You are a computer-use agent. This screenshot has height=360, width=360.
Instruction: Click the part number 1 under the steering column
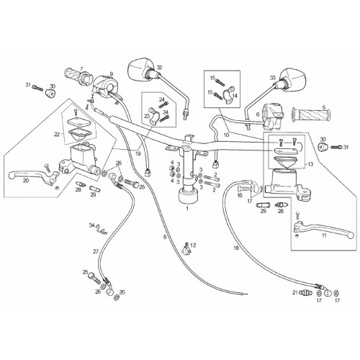click(x=187, y=209)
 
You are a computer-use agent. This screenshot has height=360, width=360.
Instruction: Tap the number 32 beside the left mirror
click(x=160, y=68)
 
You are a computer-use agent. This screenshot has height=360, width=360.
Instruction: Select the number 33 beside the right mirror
click(x=273, y=78)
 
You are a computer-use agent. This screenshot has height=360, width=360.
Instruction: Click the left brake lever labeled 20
click(x=34, y=177)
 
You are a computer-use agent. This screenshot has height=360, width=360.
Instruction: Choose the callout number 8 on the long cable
click(x=165, y=237)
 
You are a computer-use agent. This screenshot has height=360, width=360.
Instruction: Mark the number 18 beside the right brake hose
click(x=236, y=248)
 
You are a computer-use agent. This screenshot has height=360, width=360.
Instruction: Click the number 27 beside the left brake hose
click(x=96, y=251)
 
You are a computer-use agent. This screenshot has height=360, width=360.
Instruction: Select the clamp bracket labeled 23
click(x=153, y=116)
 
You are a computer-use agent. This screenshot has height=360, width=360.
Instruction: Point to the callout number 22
click(x=57, y=135)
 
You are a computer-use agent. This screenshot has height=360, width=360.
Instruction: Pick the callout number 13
click(x=310, y=164)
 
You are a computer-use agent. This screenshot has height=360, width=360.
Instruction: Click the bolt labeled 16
click(x=243, y=188)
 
